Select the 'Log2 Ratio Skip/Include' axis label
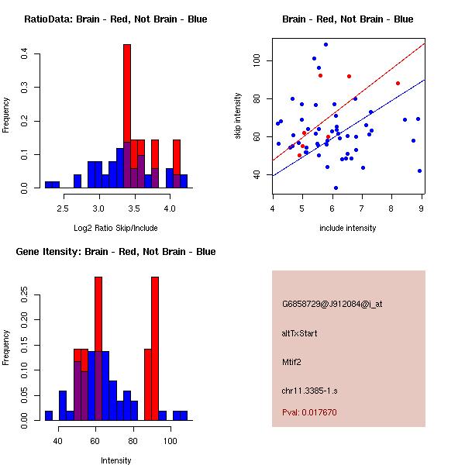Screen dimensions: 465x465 pos(115,229)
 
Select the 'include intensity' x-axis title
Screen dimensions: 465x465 pos(347,228)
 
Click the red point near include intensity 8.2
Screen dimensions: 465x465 pos(398,83)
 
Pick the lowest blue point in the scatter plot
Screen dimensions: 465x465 pos(336,188)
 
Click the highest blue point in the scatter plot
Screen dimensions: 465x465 pos(325,44)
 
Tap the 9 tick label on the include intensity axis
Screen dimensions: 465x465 pos(422,207)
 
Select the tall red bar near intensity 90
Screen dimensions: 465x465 pos(155,349)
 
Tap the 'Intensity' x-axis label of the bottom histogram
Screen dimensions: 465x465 pos(115,460)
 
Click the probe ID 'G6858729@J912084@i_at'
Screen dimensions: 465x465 pos(332,304)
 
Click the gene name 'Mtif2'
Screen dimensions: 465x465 pos(292,361)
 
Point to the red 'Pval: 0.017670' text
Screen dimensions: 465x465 pos(309,412)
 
